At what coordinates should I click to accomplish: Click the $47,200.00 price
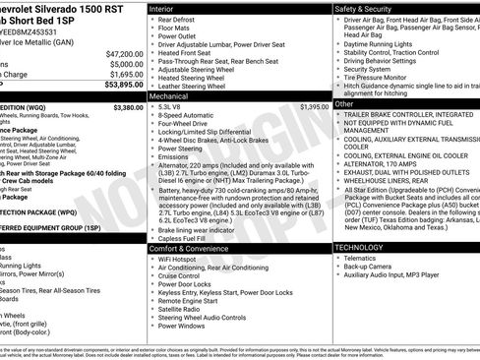click(124, 53)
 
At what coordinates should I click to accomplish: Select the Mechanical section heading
click(170, 97)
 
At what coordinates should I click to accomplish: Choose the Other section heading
click(344, 103)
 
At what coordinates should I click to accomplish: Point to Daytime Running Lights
click(383, 43)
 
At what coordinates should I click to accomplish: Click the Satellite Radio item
click(181, 309)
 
